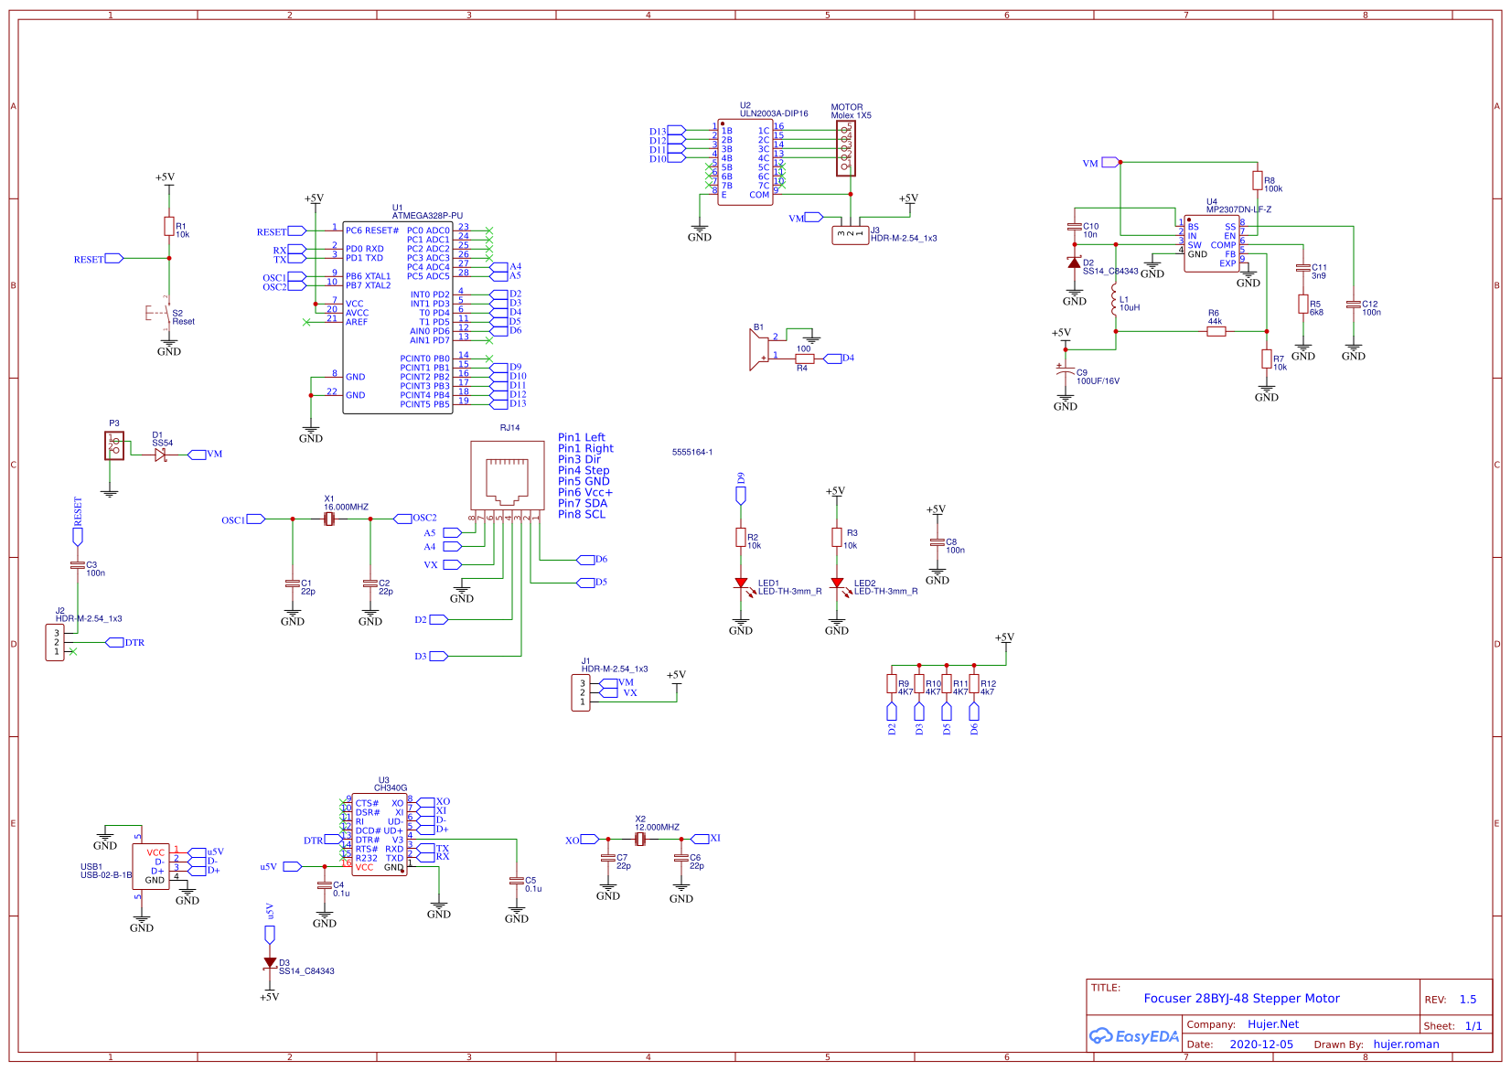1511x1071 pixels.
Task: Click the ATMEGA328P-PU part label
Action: coord(427,216)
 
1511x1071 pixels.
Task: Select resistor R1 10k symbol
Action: coord(169,227)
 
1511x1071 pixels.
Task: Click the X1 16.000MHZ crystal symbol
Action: coord(329,519)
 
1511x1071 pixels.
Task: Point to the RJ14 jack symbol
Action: coord(507,475)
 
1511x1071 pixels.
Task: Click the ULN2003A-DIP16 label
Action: coord(774,113)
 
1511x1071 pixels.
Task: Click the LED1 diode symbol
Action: coord(741,583)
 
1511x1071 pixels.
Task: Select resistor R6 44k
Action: coord(1216,331)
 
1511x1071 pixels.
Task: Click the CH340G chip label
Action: coord(391,787)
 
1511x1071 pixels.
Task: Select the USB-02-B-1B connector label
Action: coord(106,875)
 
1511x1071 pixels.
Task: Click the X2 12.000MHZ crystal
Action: coord(640,839)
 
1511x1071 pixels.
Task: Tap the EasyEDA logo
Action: coord(1134,1036)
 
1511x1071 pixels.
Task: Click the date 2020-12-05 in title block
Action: coord(1261,1044)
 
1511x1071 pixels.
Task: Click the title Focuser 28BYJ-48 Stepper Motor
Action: coord(1241,999)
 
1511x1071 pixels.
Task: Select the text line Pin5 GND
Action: coord(584,481)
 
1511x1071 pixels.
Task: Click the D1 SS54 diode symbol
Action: coord(161,455)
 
